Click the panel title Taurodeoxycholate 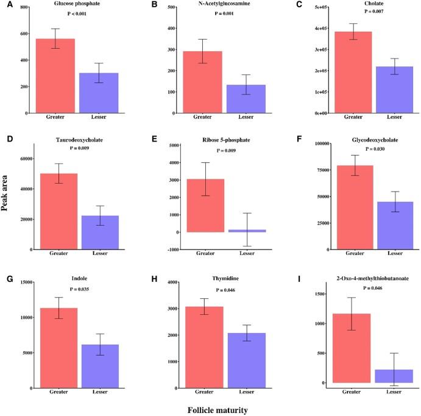click(80, 140)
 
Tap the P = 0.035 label click(79, 289)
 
